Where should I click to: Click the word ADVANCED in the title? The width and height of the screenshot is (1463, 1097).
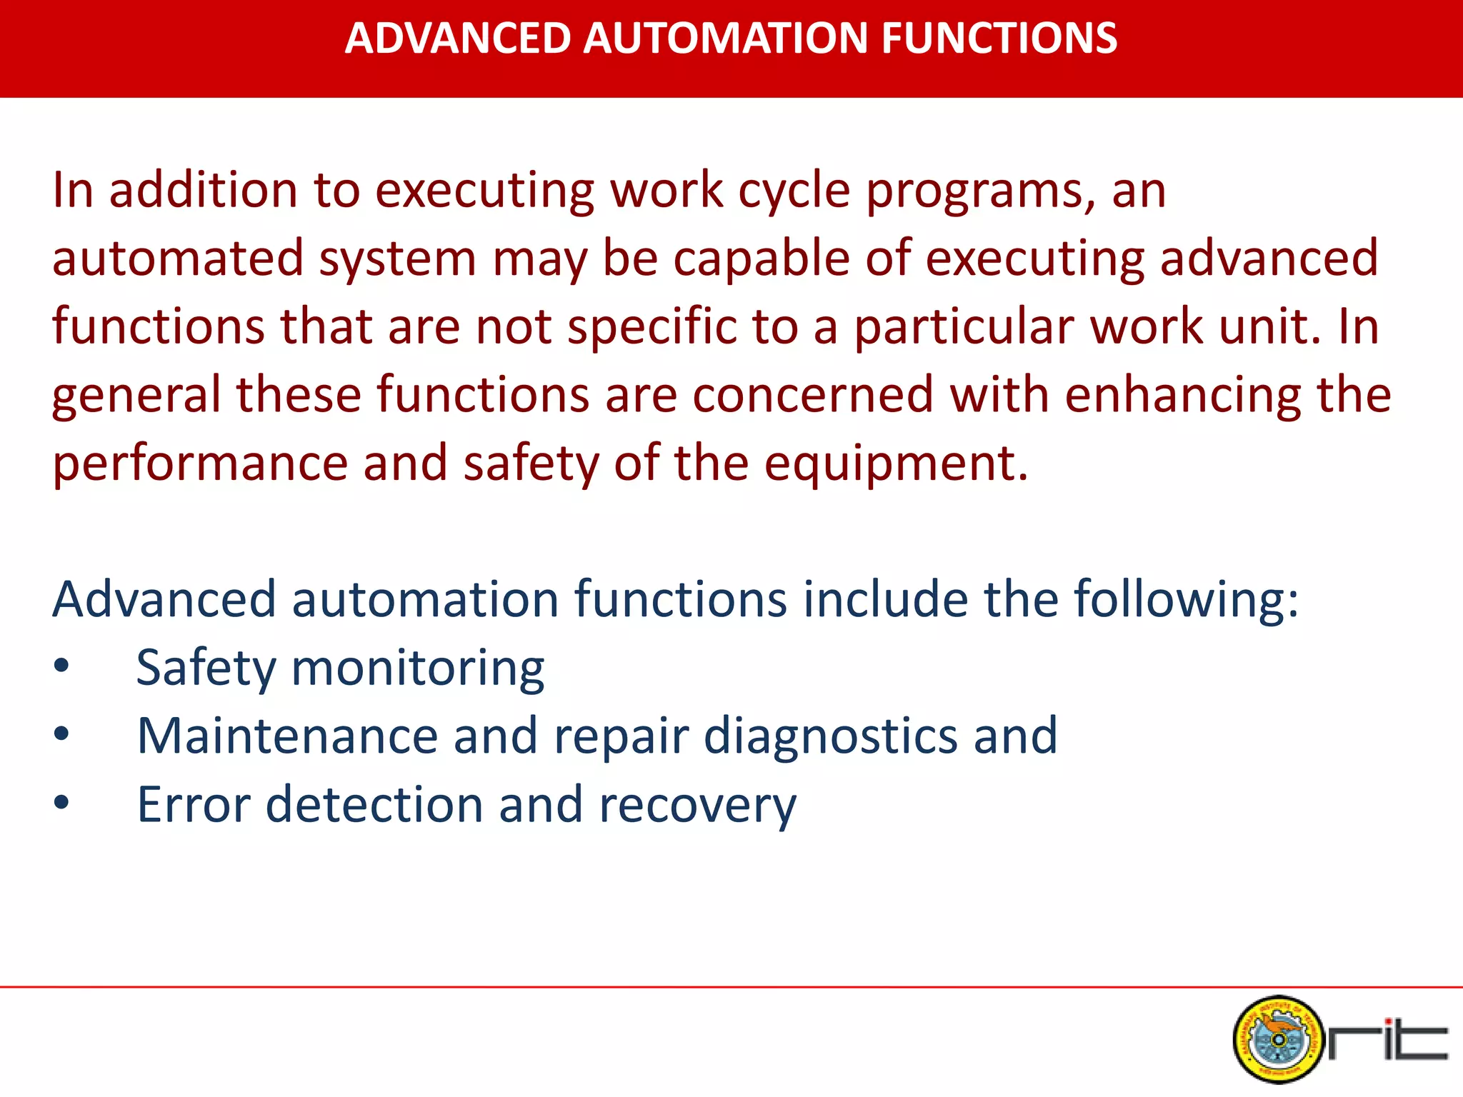point(457,39)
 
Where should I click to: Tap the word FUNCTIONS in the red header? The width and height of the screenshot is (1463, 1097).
point(999,39)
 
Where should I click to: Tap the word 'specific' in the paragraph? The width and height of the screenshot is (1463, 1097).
point(651,327)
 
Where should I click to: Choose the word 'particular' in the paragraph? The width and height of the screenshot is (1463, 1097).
point(965,327)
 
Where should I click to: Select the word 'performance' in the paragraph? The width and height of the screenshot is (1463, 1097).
point(200,464)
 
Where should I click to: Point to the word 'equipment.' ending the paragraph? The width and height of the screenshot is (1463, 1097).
point(896,464)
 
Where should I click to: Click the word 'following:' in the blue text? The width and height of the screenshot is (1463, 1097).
point(1186,600)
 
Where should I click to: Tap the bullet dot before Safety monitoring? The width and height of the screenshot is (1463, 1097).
point(61,666)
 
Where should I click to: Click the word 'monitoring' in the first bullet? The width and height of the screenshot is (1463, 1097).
point(417,668)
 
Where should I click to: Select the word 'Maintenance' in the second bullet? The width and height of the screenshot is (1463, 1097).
point(287,736)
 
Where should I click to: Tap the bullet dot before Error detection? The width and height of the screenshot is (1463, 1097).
point(61,803)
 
